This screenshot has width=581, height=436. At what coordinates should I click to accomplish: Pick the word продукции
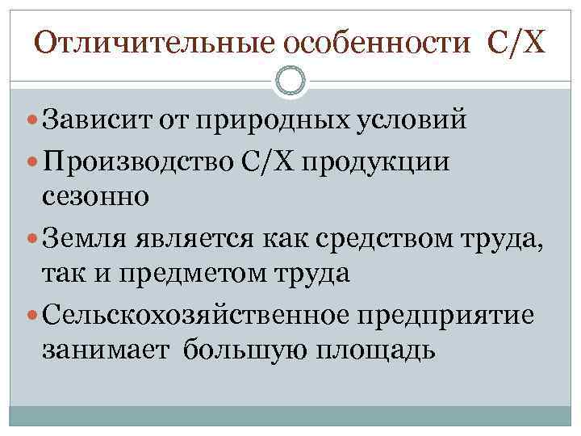[382, 161]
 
